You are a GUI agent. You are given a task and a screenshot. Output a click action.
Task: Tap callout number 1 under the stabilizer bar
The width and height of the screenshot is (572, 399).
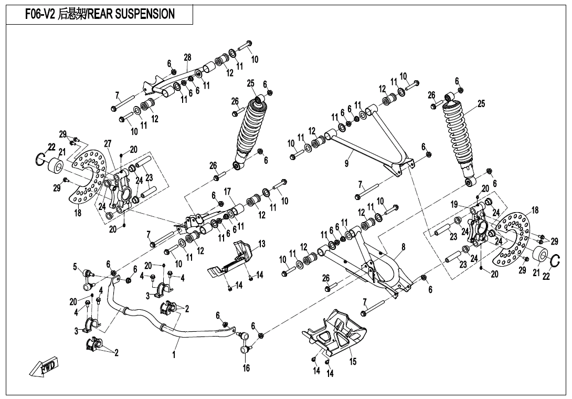point(174,355)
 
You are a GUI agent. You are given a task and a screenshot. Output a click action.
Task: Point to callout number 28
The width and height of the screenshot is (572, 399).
point(187,57)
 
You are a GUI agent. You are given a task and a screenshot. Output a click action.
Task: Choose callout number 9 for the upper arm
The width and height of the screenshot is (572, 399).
point(346,164)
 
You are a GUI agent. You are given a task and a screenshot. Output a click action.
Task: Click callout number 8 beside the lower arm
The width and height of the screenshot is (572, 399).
point(403,246)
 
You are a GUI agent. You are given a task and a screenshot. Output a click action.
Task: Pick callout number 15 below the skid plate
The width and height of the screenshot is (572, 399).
point(353,361)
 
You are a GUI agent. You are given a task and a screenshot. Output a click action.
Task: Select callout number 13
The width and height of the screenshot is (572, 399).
point(261,244)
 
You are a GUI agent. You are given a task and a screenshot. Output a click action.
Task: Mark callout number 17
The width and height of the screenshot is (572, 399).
point(227,191)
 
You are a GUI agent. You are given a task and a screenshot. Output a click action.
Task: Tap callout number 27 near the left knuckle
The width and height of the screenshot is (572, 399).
point(108,143)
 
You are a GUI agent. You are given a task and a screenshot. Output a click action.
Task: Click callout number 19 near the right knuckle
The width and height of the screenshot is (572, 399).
point(454,204)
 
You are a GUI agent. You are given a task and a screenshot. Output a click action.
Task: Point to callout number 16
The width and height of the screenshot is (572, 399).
point(246,368)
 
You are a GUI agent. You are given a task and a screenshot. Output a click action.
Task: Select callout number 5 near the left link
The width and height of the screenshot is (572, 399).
point(75,267)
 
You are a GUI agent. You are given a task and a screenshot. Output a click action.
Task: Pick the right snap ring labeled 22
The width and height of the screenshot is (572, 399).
point(555,258)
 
